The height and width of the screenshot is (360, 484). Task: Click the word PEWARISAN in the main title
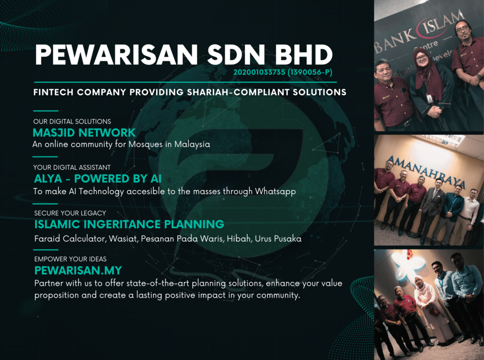pyautogui.click(x=116, y=55)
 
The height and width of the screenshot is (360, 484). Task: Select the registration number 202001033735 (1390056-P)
pyautogui.click(x=283, y=72)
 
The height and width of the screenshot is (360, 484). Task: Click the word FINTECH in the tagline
pyautogui.click(x=53, y=92)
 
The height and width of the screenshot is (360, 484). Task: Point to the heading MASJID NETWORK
pyautogui.click(x=84, y=133)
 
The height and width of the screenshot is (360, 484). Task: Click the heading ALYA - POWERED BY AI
pyautogui.click(x=97, y=179)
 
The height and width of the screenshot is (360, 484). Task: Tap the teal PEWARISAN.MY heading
pyautogui.click(x=78, y=270)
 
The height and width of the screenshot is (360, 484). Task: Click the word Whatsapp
pyautogui.click(x=276, y=191)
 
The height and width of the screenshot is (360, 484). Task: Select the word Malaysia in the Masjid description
pyautogui.click(x=192, y=145)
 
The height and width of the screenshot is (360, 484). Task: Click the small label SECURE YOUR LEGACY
pyautogui.click(x=70, y=213)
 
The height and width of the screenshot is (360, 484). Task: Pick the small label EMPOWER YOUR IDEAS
pyautogui.click(x=70, y=259)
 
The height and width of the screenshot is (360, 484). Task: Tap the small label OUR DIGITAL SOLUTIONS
pyautogui.click(x=72, y=121)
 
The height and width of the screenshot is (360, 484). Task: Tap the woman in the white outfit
pyautogui.click(x=427, y=309)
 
